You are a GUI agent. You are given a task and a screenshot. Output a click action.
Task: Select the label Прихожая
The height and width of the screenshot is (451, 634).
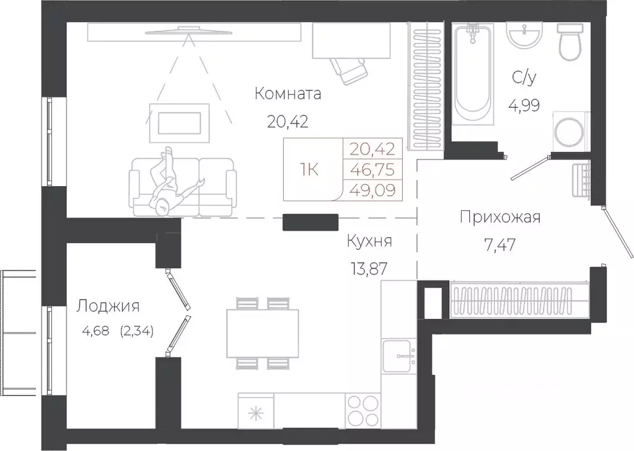pyautogui.click(x=500, y=217)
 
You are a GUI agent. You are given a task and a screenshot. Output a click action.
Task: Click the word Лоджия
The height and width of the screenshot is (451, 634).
pyautogui.click(x=108, y=306)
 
